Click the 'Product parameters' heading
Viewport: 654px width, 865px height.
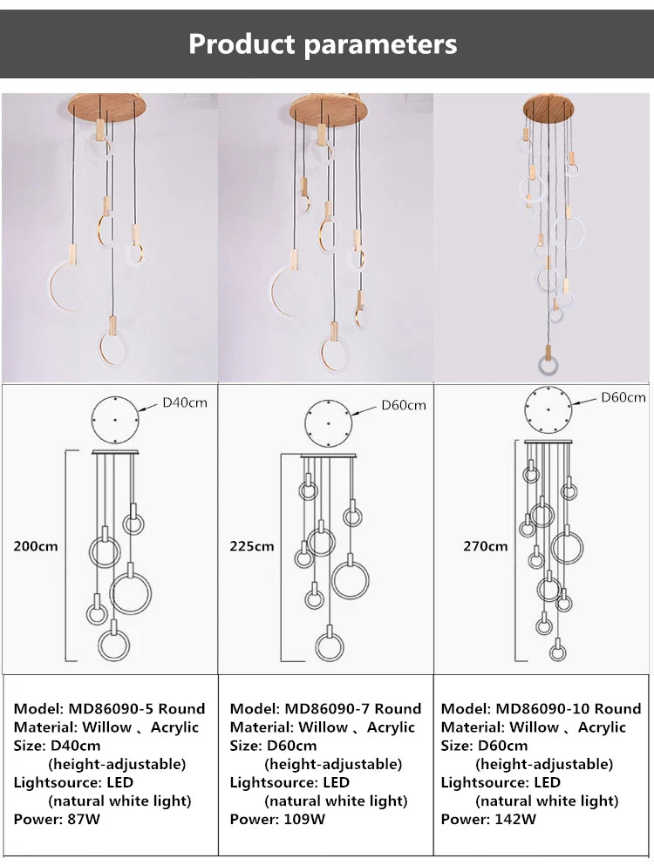click(323, 44)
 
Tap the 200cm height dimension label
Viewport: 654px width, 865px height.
click(36, 546)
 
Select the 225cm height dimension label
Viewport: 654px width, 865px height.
click(252, 546)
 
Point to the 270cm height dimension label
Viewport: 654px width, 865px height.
click(486, 546)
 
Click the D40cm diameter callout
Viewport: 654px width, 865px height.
click(185, 402)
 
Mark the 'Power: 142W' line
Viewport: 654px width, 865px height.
click(488, 819)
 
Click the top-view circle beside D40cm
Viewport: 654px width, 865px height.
click(116, 420)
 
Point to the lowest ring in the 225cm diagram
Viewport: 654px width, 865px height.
click(330, 647)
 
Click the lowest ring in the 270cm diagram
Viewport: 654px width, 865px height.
click(556, 652)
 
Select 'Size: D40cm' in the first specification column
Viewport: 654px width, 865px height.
click(57, 746)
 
